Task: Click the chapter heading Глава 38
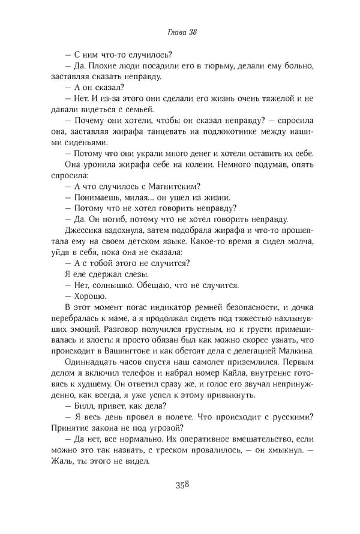click(x=180, y=34)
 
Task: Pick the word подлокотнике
click(x=232, y=131)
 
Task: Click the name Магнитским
click(x=174, y=186)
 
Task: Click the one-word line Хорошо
click(x=91, y=295)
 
